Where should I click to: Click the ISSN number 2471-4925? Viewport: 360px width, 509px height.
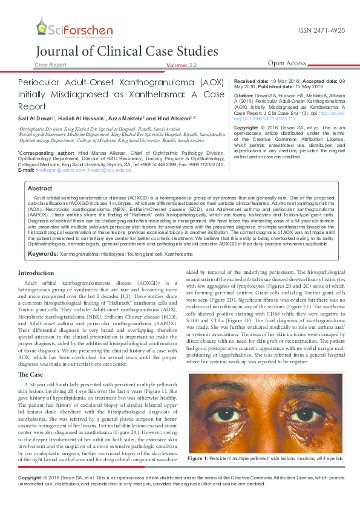322,30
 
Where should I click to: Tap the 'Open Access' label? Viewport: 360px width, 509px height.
287,63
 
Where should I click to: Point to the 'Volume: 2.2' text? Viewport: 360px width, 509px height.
181,65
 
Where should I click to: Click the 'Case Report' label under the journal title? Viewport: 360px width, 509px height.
51,64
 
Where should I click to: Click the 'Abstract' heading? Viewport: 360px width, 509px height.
40,189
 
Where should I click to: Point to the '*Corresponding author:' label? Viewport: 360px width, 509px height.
40,154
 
